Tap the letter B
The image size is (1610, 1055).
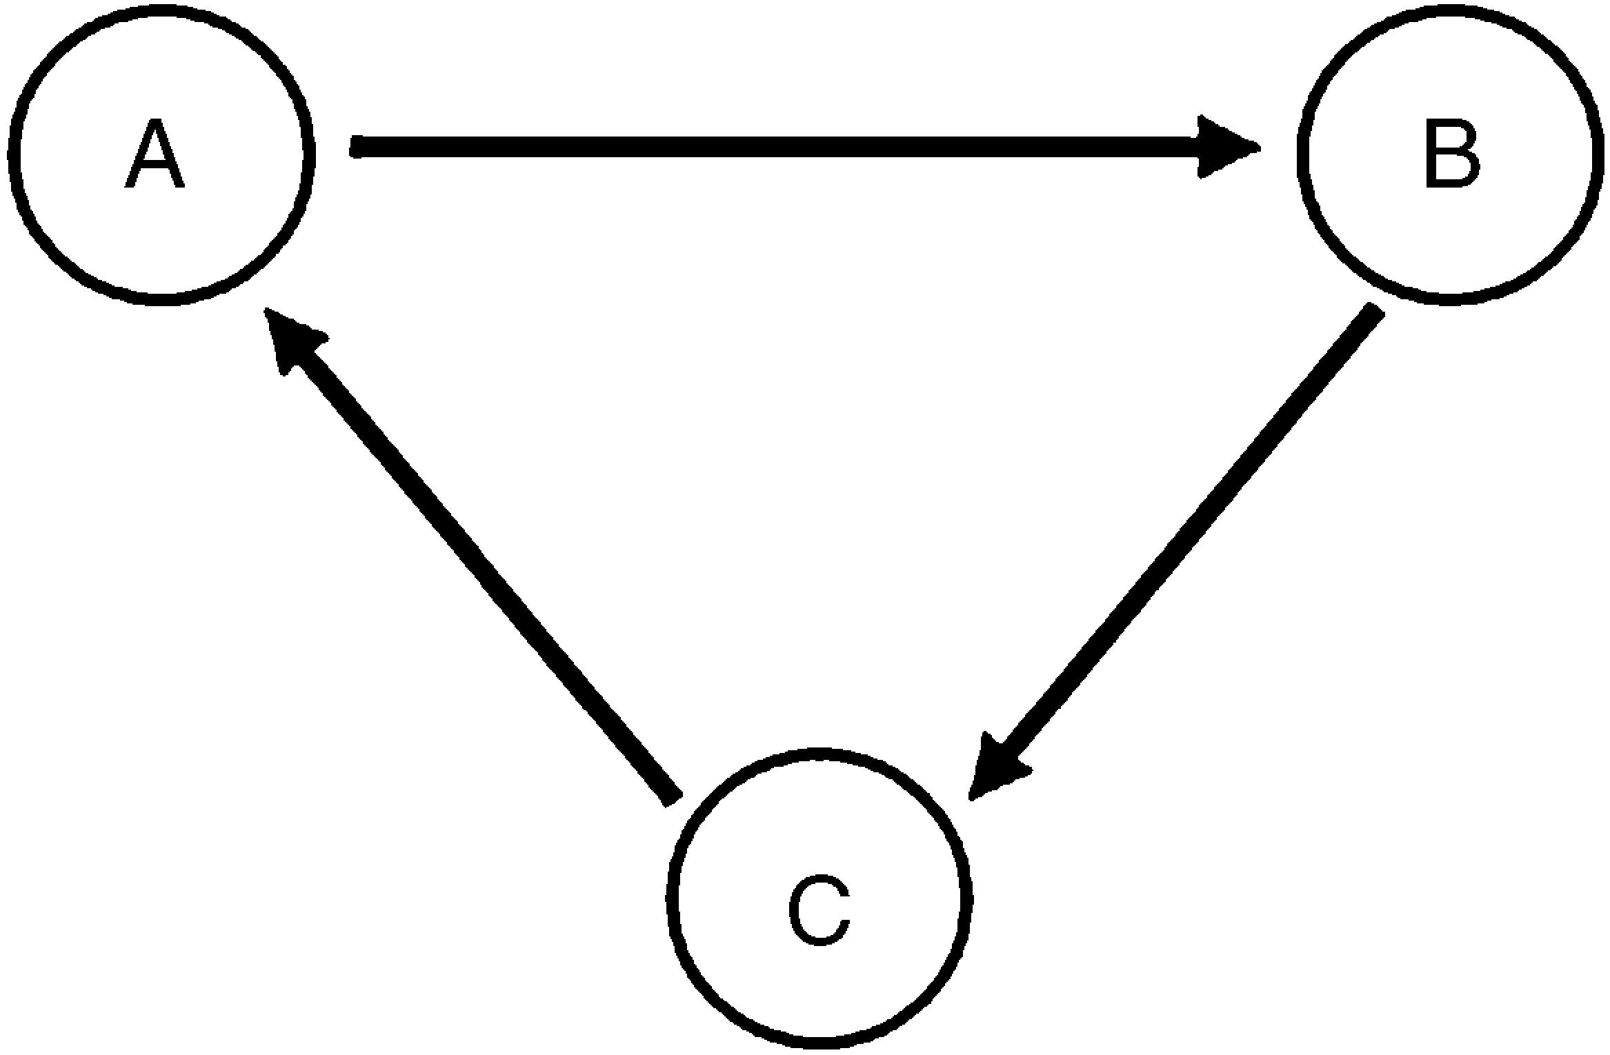click(x=1451, y=156)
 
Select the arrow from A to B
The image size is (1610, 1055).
click(x=759, y=147)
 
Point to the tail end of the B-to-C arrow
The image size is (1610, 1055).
click(x=1373, y=314)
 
